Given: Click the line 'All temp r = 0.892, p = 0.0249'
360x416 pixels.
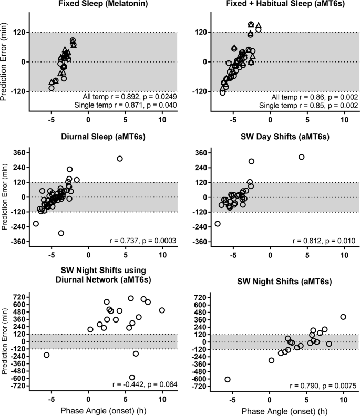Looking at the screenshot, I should (x=129, y=97).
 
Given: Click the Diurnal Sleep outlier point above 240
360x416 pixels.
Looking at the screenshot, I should (x=120, y=159).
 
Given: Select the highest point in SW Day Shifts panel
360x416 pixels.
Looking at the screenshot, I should (x=301, y=157).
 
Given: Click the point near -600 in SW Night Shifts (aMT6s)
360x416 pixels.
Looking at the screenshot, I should (x=228, y=379).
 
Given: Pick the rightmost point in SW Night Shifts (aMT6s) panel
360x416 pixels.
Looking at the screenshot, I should (x=343, y=317).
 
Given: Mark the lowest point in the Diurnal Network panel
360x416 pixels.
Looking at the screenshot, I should (x=132, y=377).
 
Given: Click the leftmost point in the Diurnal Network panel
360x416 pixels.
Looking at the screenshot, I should (x=46, y=355).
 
